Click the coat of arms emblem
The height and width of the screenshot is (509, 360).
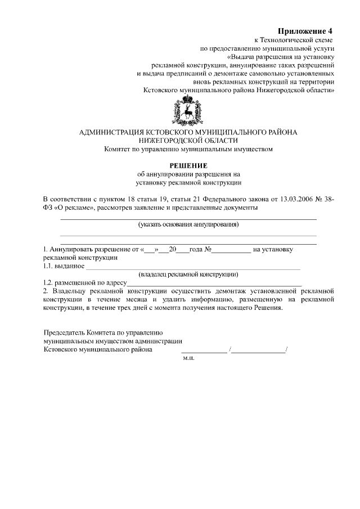pyautogui.click(x=188, y=111)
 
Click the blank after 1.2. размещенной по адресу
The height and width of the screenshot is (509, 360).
pyautogui.click(x=214, y=283)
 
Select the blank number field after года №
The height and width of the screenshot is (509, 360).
pyautogui.click(x=232, y=249)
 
